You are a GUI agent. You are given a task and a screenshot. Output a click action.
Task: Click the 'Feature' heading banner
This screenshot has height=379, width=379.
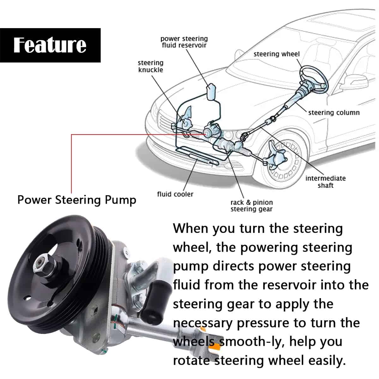[50, 45]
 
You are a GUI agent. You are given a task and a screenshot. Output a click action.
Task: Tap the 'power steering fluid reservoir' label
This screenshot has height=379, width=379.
[184, 42]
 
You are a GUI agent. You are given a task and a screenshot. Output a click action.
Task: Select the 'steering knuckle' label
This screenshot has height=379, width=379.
[151, 66]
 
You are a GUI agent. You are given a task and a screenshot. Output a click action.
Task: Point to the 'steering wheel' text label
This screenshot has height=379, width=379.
[276, 54]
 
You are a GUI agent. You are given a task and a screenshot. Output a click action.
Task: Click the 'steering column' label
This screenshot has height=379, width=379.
[334, 112]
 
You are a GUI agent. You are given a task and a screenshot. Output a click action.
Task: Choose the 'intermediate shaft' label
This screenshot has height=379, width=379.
[325, 182]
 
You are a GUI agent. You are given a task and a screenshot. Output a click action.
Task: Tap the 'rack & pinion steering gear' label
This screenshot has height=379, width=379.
[251, 206]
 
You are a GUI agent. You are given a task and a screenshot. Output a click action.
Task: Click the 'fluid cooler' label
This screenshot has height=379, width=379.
[175, 194]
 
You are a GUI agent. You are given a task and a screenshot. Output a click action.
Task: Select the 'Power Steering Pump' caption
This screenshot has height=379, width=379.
[77, 200]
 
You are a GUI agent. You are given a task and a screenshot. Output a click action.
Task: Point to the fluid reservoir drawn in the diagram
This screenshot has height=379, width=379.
[211, 92]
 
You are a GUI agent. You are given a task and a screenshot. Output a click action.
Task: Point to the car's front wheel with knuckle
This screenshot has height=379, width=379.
[283, 161]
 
